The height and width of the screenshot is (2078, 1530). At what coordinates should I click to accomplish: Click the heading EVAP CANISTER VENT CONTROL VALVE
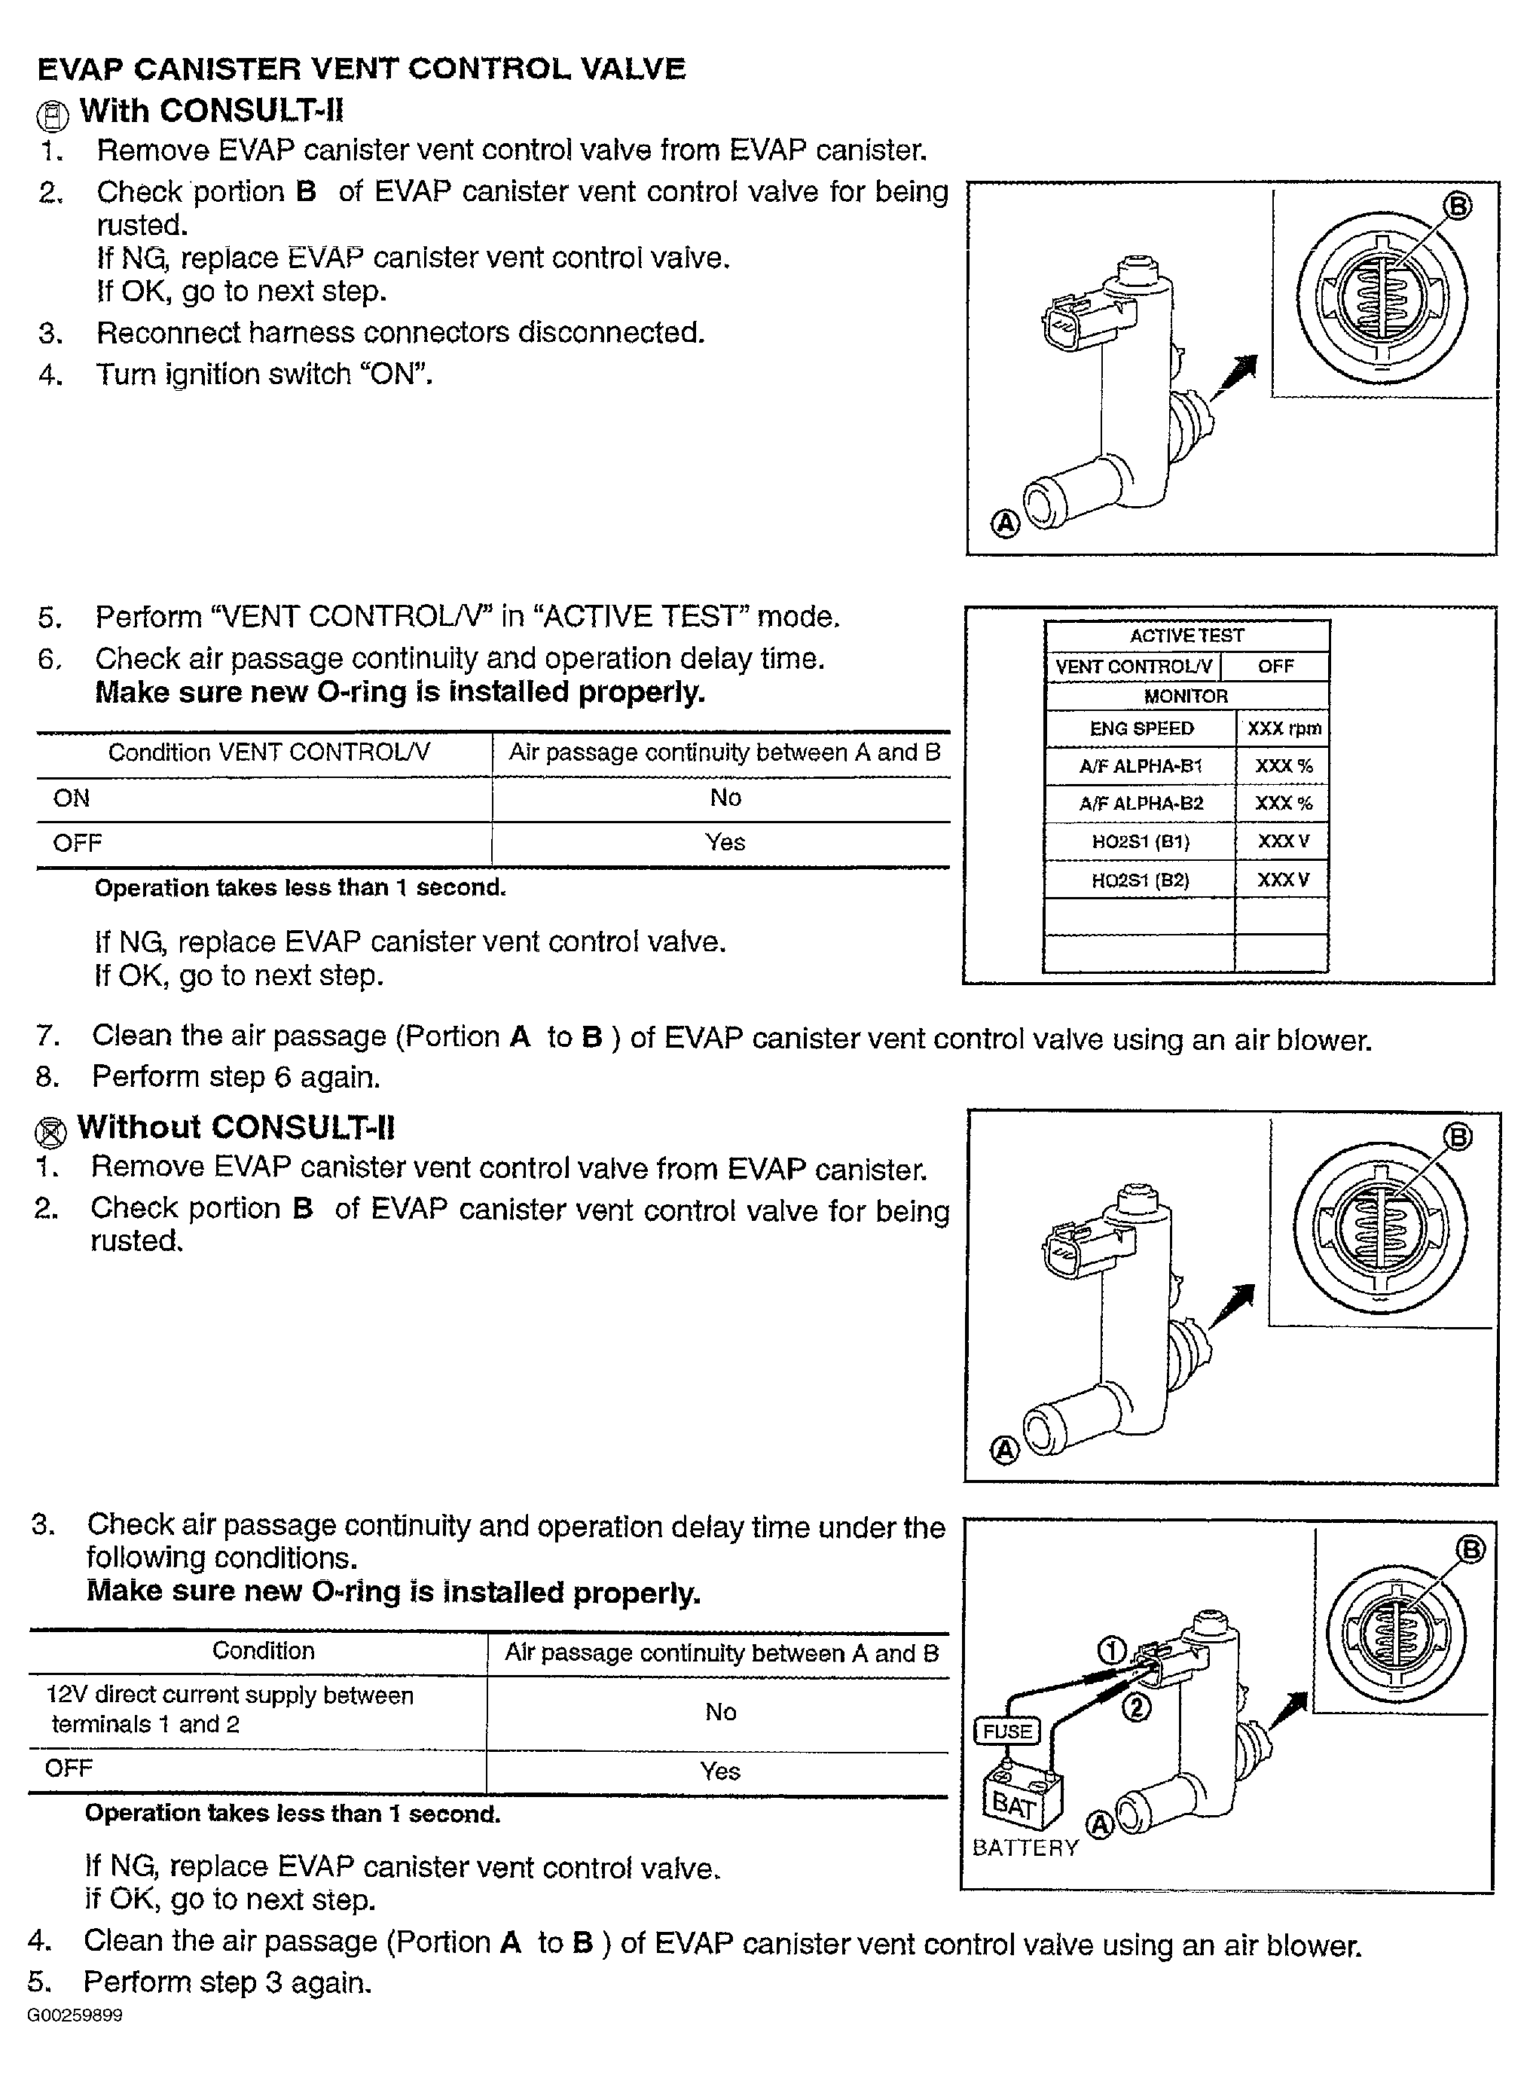(x=361, y=69)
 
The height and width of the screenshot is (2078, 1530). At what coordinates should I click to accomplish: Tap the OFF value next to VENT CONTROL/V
(x=1275, y=667)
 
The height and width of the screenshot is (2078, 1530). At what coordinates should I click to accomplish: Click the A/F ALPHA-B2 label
(x=1141, y=804)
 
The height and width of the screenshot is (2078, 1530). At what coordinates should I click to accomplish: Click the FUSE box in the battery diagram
(x=1008, y=1731)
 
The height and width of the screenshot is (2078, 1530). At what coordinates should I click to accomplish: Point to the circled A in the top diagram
(x=1006, y=524)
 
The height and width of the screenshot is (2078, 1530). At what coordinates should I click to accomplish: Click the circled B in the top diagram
(x=1458, y=205)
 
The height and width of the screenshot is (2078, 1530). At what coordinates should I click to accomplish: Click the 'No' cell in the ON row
(x=725, y=798)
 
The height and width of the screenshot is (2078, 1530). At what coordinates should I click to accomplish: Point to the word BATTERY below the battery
(x=1025, y=1848)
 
